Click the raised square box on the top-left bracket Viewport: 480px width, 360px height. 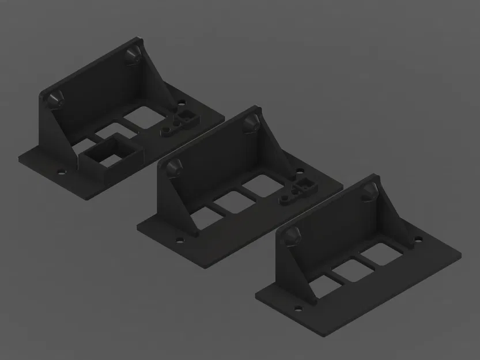pyautogui.click(x=112, y=152)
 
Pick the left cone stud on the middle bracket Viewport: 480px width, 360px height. pyautogui.click(x=175, y=166)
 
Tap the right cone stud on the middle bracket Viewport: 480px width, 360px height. pyautogui.click(x=251, y=122)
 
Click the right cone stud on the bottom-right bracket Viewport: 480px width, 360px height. pyautogui.click(x=369, y=191)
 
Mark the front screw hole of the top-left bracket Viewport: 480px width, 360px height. pyautogui.click(x=60, y=171)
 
